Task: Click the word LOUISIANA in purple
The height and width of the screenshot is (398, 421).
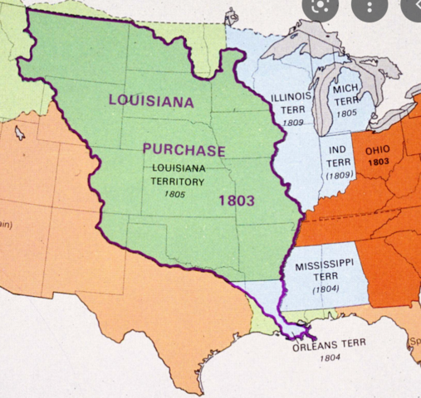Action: (151, 101)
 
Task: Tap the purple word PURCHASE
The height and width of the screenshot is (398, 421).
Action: (184, 150)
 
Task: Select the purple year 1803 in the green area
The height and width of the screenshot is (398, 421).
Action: (236, 200)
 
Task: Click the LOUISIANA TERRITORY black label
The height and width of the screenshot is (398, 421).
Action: (178, 174)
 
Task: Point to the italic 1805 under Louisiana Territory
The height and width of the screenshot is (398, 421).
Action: (174, 194)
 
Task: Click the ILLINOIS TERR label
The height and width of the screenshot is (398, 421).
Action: (291, 103)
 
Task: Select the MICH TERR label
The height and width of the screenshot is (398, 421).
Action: (345, 94)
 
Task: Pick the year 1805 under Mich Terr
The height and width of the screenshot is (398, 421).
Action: (346, 112)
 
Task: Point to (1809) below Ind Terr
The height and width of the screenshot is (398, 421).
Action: (339, 176)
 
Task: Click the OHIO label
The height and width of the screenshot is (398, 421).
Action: (378, 150)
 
